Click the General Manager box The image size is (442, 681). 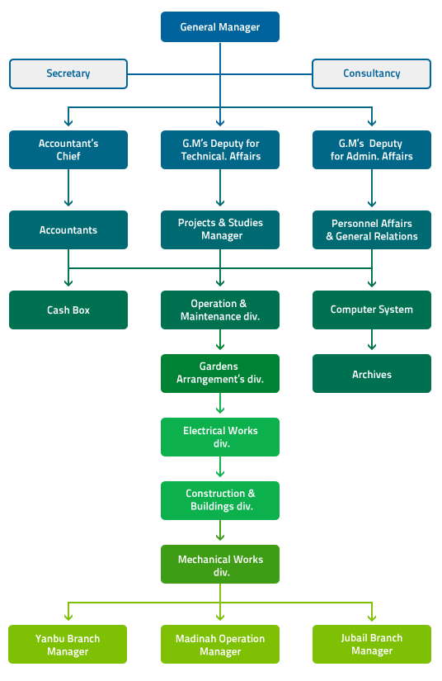coord(220,27)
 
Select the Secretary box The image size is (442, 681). coord(68,73)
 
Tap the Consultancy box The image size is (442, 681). coord(371,73)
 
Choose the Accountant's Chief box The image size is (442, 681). coord(68,150)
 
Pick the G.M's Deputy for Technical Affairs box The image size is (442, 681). coord(220,150)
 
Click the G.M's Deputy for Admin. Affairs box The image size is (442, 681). coord(372,150)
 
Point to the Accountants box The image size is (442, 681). coord(68,229)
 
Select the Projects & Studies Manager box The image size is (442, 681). coord(220,229)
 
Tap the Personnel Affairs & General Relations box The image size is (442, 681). coord(372,229)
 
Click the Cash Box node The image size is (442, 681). coord(68,310)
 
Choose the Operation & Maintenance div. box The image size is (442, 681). coord(220,310)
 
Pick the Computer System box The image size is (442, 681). coord(372,310)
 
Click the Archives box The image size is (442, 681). coord(372,373)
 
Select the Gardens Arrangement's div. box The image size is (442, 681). coord(220,373)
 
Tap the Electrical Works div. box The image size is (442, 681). coord(220,437)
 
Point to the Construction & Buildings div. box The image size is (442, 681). coord(220,500)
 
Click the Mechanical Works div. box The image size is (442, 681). coord(220,564)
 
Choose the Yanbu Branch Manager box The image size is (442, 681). coord(68,644)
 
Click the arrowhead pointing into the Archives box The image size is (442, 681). coord(372,347)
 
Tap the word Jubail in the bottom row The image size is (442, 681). coord(353,638)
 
